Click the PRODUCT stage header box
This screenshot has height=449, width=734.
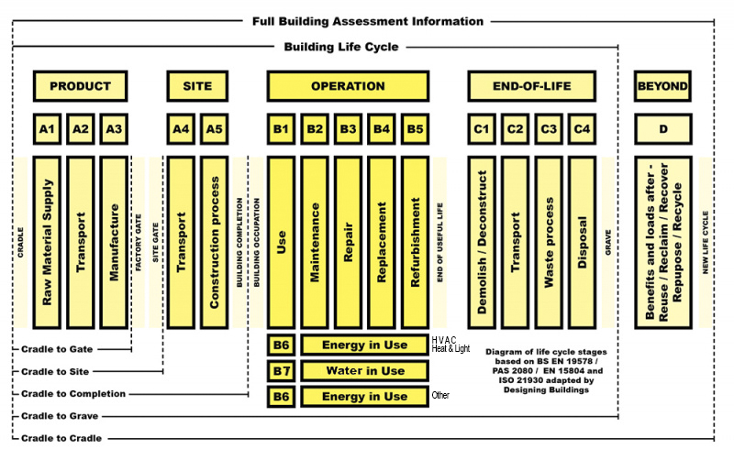pos(80,86)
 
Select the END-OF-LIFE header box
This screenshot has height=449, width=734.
pos(532,86)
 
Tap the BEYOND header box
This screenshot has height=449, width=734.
pos(662,86)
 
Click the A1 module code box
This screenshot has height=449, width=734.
pos(48,129)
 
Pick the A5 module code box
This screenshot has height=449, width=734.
pos(214,129)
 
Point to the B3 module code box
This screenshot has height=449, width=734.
pos(348,129)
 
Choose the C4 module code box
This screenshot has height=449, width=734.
pos(582,129)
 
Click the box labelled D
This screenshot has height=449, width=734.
pos(662,129)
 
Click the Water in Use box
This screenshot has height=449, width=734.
pos(365,370)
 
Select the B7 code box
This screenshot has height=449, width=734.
pos(281,370)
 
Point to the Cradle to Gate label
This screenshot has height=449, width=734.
pos(63,349)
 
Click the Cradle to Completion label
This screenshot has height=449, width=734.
pos(75,394)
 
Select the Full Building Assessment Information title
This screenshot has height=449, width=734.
pos(368,20)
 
